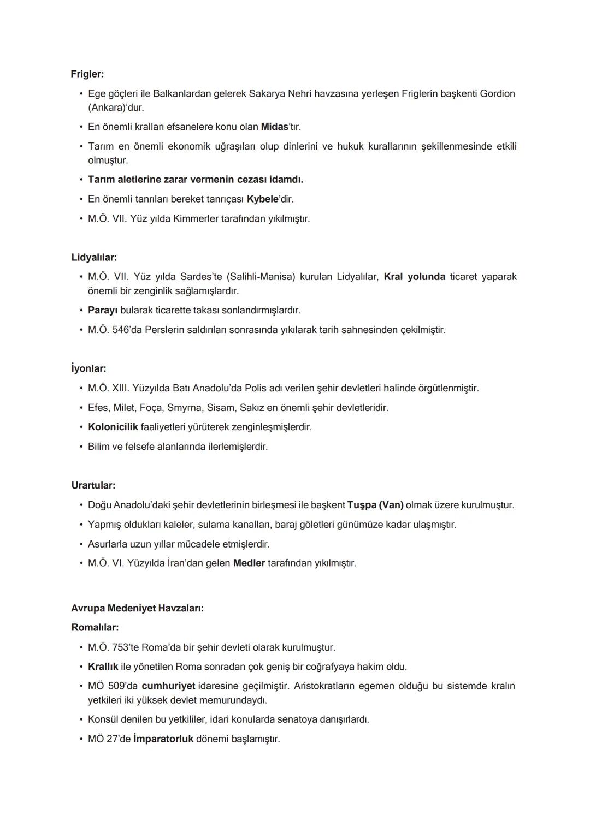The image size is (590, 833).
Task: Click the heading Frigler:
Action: (x=87, y=74)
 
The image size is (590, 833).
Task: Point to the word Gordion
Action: (x=497, y=93)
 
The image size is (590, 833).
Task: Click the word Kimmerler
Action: (x=196, y=218)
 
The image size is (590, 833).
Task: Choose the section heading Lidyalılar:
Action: (x=94, y=257)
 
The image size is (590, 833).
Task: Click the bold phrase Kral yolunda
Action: (x=415, y=277)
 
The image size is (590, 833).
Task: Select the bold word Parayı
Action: (x=103, y=310)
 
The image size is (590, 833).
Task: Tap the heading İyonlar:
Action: (x=88, y=368)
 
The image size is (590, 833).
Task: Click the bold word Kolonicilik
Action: (x=113, y=427)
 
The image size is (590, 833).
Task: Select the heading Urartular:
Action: (x=93, y=485)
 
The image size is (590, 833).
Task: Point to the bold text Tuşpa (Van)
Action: (x=375, y=505)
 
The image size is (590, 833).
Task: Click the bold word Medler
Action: (x=249, y=563)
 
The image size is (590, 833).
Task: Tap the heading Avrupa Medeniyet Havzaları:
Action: (x=137, y=608)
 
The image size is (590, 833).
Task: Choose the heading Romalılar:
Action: (x=95, y=628)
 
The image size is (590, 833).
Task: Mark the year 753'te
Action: (x=125, y=647)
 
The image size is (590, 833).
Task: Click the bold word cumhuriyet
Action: (x=168, y=686)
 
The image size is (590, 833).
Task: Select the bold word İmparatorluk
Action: (x=163, y=739)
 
